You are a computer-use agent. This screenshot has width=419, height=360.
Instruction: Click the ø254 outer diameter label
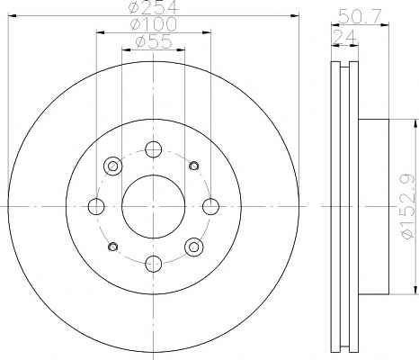pos(154,7)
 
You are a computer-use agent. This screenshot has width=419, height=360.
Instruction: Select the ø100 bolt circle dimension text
pos(154,24)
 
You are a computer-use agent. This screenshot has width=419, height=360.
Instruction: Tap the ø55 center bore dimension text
pos(154,41)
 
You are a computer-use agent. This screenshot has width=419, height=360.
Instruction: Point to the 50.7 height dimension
pos(360,17)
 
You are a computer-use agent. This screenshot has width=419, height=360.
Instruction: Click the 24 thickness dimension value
pos(344,37)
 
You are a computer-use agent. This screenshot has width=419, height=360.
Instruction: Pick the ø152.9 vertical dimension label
pos(410,206)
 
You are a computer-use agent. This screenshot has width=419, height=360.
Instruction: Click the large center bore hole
pos(153,206)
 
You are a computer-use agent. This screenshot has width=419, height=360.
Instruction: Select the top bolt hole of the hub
pos(153,149)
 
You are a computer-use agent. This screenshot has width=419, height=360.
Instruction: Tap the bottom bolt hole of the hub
pos(153,264)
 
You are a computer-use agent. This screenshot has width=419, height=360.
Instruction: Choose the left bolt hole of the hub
pos(96,206)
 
